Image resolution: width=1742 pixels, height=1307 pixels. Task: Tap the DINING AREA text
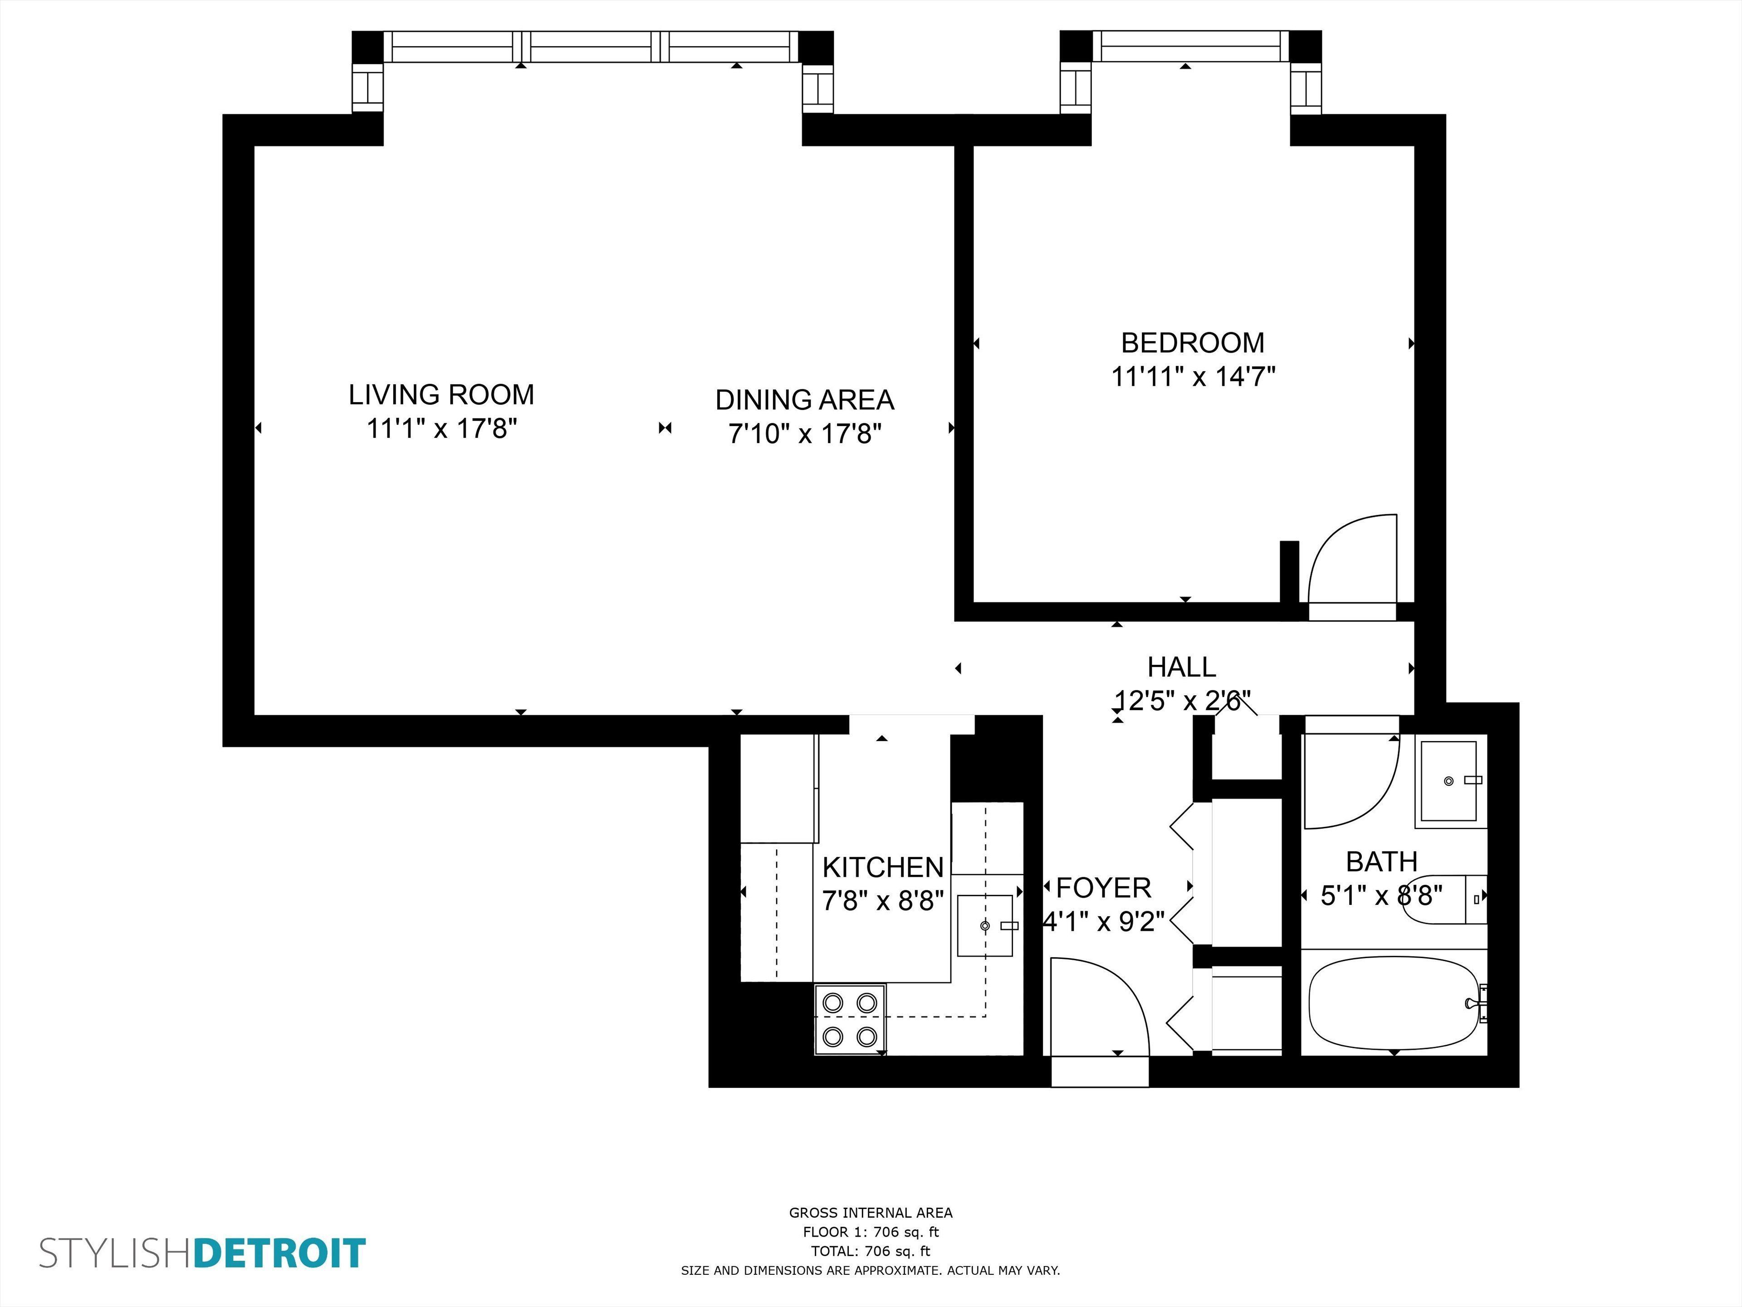tap(804, 400)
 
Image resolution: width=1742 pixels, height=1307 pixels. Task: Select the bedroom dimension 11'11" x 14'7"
tap(1192, 377)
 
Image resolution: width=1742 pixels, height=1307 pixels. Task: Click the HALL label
tap(1181, 667)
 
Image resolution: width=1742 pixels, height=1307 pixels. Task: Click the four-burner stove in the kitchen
tap(850, 1019)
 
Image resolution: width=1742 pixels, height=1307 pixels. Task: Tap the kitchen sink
tap(984, 926)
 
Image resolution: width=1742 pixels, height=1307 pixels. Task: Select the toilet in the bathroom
tap(1443, 899)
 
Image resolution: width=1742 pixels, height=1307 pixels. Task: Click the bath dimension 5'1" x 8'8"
tap(1381, 896)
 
